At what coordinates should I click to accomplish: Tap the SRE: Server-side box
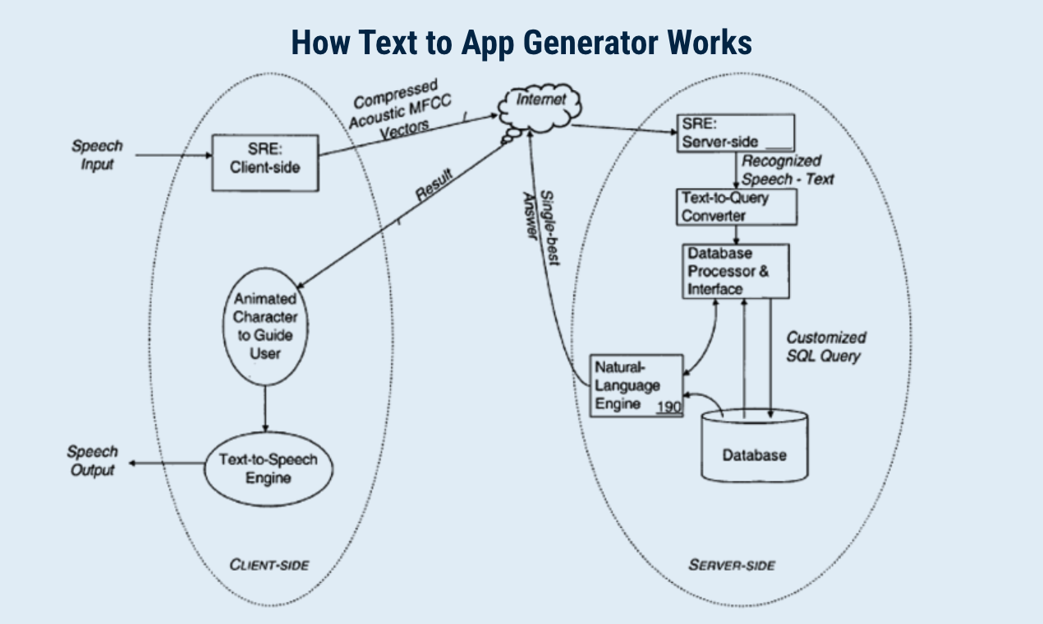pyautogui.click(x=734, y=134)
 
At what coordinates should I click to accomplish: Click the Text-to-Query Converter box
pyautogui.click(x=737, y=206)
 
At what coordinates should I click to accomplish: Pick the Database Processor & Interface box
pyautogui.click(x=736, y=271)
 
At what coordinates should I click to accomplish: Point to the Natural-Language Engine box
pyautogui.click(x=636, y=385)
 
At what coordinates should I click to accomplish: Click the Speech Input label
pyautogui.click(x=97, y=154)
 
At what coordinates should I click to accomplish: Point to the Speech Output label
pyautogui.click(x=92, y=460)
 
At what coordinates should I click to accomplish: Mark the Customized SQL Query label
pyautogui.click(x=825, y=346)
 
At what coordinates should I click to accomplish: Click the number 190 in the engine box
pyautogui.click(x=669, y=406)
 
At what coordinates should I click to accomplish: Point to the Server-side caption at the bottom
pyautogui.click(x=731, y=565)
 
